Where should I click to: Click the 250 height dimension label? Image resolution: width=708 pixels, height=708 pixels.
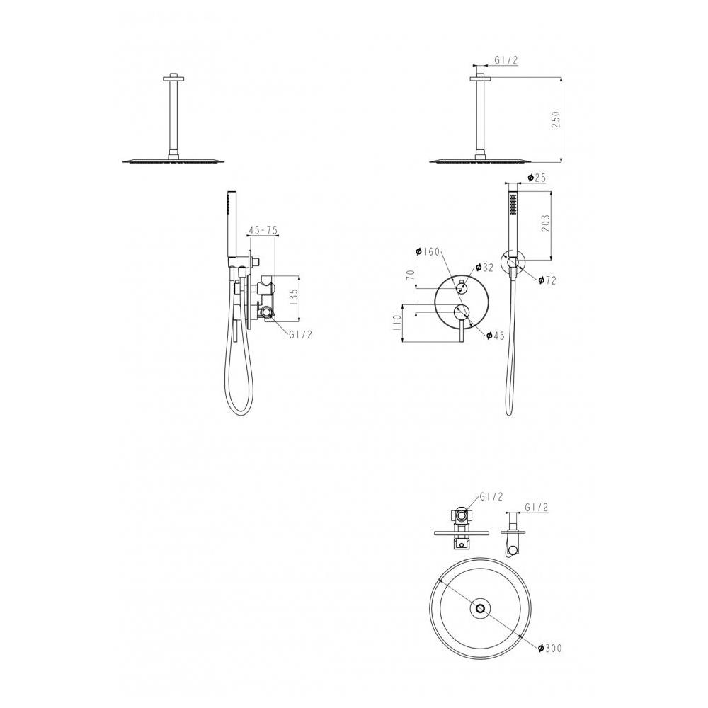tap(556, 120)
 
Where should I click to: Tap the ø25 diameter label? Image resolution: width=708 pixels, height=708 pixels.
tap(537, 178)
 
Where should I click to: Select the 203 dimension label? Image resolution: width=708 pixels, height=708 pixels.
tap(545, 224)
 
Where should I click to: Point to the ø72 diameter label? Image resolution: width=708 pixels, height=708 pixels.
tap(547, 280)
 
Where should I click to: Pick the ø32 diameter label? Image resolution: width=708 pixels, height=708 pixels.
tap(484, 268)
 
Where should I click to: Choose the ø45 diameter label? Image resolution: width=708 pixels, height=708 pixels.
tap(496, 335)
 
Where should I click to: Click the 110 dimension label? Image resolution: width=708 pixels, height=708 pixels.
tap(397, 323)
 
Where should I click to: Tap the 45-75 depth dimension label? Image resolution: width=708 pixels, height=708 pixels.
tap(263, 230)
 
